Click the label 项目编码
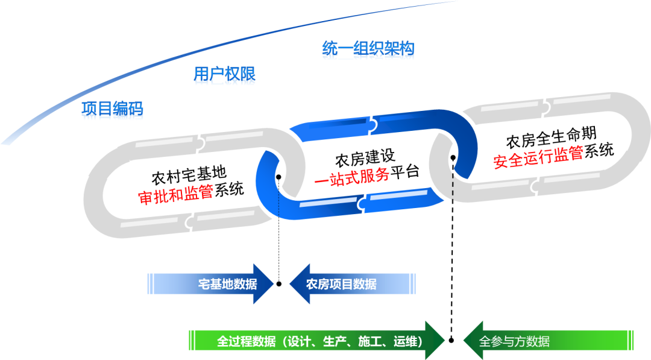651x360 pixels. (x=112, y=110)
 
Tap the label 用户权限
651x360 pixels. (x=224, y=76)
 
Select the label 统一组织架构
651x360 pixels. (x=368, y=51)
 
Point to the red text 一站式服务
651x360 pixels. (x=352, y=177)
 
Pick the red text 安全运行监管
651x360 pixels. (x=538, y=157)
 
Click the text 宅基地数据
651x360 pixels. (x=227, y=284)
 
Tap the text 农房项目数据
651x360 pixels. (x=341, y=284)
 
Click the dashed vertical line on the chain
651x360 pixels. (x=453, y=187)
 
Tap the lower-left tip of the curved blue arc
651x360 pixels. (x=5, y=142)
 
